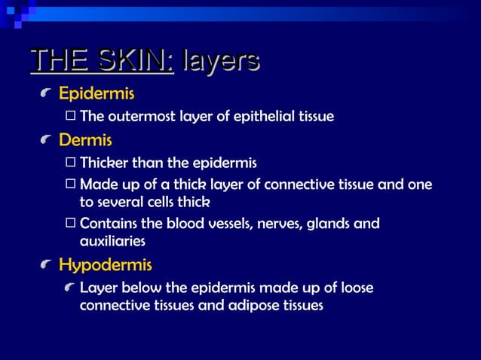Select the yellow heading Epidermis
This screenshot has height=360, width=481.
97,94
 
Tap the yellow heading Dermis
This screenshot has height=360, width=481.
85,140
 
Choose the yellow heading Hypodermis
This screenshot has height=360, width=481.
105,265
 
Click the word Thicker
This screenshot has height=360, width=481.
103,163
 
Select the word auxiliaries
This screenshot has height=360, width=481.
112,241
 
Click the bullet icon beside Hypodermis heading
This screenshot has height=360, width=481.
47,266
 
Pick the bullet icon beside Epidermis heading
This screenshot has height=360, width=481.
47,95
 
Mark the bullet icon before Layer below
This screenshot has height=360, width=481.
70,288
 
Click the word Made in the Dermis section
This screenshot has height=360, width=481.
96,184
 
